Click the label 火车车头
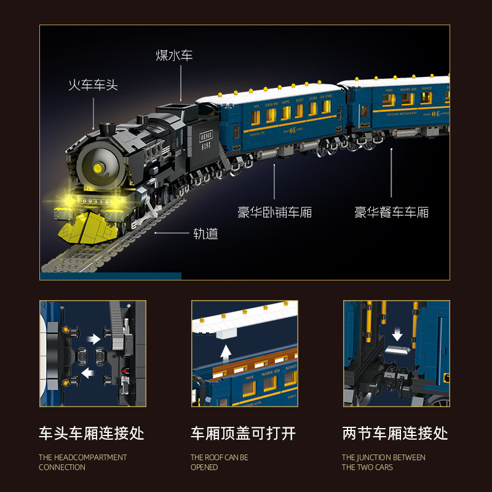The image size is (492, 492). pos(92,85)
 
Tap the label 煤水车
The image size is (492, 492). pos(174,55)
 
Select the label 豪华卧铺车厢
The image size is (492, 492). pos(275,213)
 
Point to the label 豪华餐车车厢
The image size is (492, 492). pos(391,213)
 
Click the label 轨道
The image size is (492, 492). pos(205,234)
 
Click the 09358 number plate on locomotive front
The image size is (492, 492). pos(93,202)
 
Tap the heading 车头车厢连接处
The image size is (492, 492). pos(92,433)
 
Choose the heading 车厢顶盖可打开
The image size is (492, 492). pos(244,433)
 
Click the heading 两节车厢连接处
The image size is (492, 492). pos(395,433)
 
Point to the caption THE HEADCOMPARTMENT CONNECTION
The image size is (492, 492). pos(82,462)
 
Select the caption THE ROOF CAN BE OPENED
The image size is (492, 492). pos(220,462)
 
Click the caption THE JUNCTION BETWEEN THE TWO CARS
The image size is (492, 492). pos(384,462)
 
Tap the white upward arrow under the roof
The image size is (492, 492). pos(226,353)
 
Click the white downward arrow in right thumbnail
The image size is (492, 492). pos(397,334)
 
